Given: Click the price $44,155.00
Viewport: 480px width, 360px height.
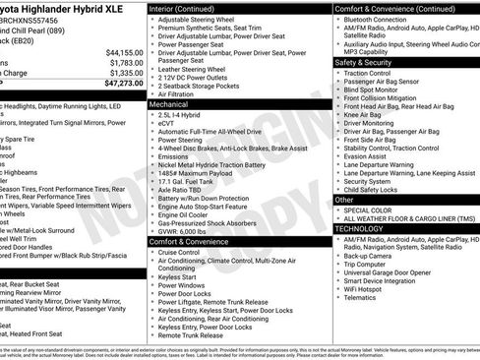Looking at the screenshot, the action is coord(120,52).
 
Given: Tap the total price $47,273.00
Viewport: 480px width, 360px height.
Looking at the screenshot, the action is coord(118,84).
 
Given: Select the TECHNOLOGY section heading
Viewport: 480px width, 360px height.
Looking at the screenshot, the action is coord(360,228).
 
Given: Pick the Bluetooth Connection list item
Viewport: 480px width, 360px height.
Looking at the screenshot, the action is coord(384,20).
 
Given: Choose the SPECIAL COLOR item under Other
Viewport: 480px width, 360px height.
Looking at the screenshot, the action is coord(373,210).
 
